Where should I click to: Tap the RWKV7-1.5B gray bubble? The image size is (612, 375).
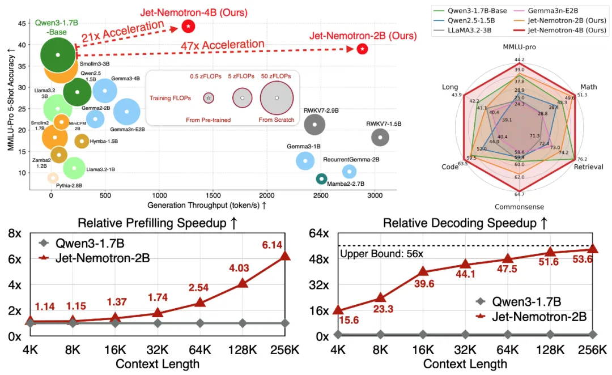[x=380, y=137]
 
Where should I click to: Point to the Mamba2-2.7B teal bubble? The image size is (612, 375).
[x=321, y=179]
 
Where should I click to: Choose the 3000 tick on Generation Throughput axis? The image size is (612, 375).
[x=375, y=195]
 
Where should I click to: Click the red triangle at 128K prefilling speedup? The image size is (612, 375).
[x=243, y=282]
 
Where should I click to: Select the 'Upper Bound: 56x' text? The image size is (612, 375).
[x=381, y=254]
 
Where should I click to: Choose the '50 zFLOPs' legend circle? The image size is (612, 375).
[x=277, y=98]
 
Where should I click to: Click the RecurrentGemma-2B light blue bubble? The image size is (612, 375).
[x=350, y=172]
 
